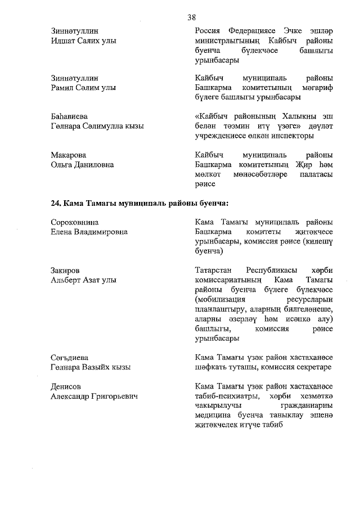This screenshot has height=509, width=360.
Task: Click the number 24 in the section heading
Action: pos(56,203)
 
